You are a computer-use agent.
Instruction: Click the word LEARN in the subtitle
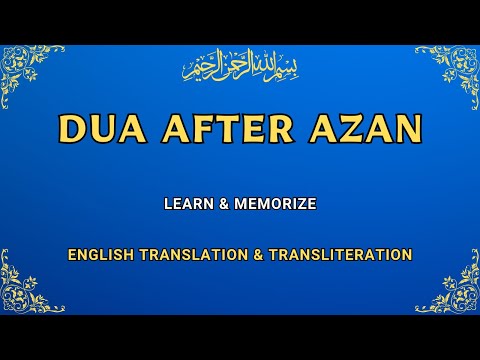[188, 204]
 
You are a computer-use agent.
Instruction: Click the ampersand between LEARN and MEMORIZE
[226, 204]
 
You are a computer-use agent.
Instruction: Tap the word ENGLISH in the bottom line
[100, 255]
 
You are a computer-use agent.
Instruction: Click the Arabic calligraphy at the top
[240, 68]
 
